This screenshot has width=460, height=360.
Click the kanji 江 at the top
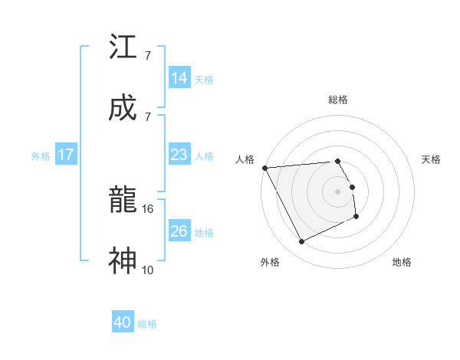pos(123,47)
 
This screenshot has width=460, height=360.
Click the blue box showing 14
pos(179,78)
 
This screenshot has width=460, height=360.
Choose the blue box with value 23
pos(179,155)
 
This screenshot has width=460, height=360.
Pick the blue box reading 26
pos(179,231)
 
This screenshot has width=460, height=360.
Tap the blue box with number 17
pos(66,155)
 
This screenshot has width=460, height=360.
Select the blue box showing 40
pos(123,323)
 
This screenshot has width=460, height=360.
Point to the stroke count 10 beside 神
pos(148,269)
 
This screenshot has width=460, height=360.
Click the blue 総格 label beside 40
pos(148,324)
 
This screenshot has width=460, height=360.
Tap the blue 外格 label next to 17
pos(41,156)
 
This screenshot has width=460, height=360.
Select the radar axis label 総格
pos(338,100)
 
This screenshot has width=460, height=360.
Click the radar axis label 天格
pos(431,159)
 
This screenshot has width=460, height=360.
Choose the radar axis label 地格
pos(402,262)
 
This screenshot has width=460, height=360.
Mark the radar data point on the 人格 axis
pos(264,168)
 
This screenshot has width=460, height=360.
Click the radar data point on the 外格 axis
pos(301,242)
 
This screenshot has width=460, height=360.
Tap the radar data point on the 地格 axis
pos(356,217)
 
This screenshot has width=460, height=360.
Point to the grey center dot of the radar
pos(338,191)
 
